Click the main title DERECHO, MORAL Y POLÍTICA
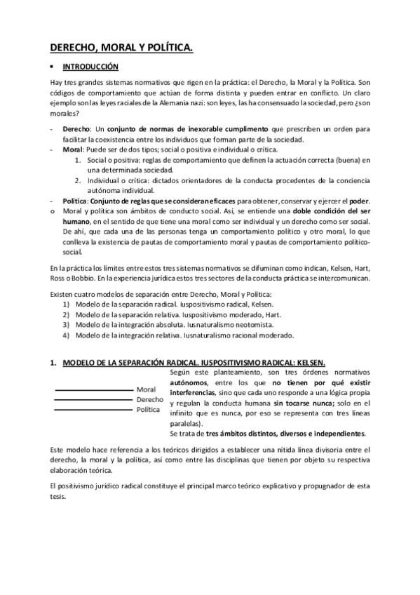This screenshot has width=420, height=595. pyautogui.click(x=121, y=47)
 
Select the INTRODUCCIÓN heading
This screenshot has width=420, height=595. pyautogui.click(x=90, y=67)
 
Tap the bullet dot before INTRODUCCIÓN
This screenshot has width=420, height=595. pyautogui.click(x=52, y=67)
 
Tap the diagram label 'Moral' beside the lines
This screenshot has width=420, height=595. pyautogui.click(x=146, y=389)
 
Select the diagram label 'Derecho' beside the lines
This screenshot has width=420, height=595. pyautogui.click(x=149, y=399)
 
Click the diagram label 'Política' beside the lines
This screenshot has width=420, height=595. pyautogui.click(x=148, y=410)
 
